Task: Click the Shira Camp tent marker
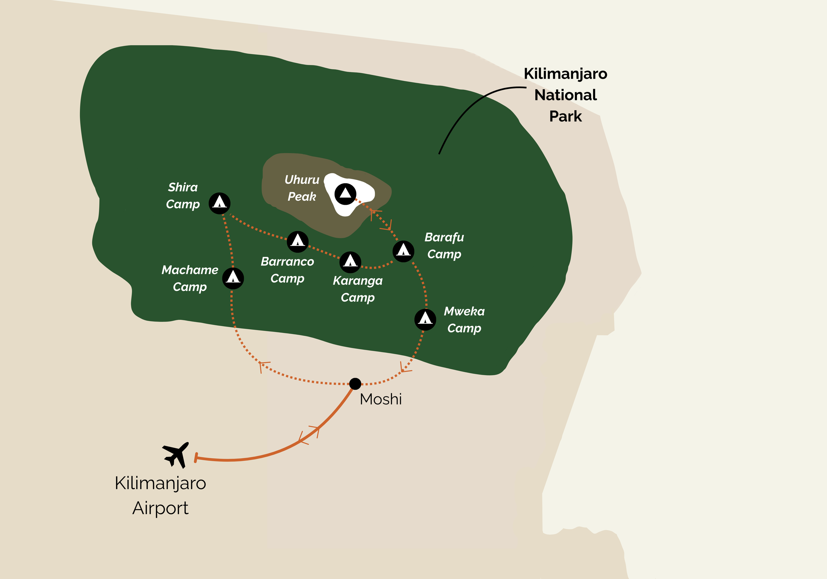coord(219,203)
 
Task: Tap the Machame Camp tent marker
coord(233,278)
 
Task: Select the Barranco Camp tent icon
coord(297,242)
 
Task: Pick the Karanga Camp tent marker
coord(350,262)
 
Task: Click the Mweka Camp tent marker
coord(425,319)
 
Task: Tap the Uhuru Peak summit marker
coord(345,194)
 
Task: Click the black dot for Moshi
coord(355,384)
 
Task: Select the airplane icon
coord(176,454)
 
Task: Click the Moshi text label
coord(381,399)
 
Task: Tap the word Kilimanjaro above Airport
coord(160,483)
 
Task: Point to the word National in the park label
coord(565,95)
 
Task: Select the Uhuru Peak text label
coord(302,188)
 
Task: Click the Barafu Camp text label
coord(444,246)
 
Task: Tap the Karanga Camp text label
coord(358,289)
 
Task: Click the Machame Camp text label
coord(190,278)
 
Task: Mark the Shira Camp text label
coord(183,196)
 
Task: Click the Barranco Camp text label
coord(287,270)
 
